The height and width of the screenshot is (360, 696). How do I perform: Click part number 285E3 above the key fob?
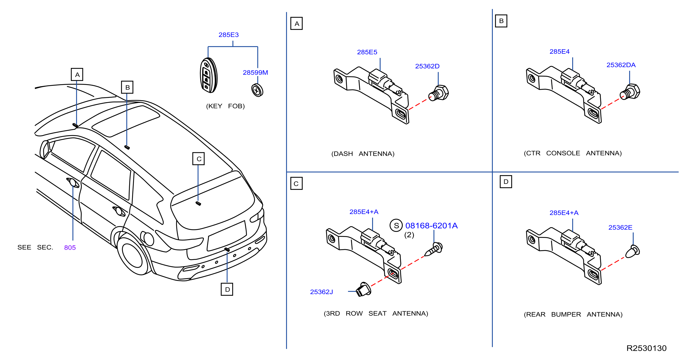[229, 35]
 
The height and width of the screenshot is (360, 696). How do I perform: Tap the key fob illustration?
[209, 75]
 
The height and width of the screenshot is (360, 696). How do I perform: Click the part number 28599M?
[255, 73]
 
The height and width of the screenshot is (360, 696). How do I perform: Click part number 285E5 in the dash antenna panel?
[367, 52]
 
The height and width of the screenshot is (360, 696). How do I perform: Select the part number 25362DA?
[621, 65]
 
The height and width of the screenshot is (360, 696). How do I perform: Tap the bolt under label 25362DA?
[630, 92]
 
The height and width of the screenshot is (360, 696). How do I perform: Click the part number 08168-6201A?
[431, 226]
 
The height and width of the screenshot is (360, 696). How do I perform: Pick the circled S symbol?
[396, 226]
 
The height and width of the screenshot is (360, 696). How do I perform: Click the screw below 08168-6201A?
[433, 249]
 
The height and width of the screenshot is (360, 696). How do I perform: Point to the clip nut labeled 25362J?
[363, 289]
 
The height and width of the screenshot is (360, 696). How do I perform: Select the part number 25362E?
[620, 228]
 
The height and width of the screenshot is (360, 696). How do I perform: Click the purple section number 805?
[70, 248]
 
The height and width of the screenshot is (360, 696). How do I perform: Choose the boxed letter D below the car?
[227, 289]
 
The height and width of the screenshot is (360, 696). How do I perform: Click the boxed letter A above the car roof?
[77, 74]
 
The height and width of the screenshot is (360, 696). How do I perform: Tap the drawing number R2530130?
[646, 348]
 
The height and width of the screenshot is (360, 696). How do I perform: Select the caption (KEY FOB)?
[225, 106]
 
